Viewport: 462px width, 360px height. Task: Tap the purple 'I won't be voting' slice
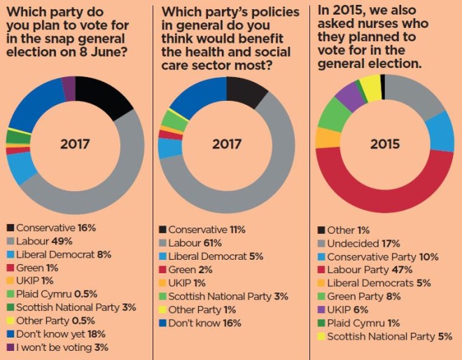(68, 87)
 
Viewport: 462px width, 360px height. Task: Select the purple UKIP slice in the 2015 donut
(350, 95)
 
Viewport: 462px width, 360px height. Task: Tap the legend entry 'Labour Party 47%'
(374, 270)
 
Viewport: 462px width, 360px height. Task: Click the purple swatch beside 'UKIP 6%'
(321, 310)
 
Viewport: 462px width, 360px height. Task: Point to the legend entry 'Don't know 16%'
(204, 323)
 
